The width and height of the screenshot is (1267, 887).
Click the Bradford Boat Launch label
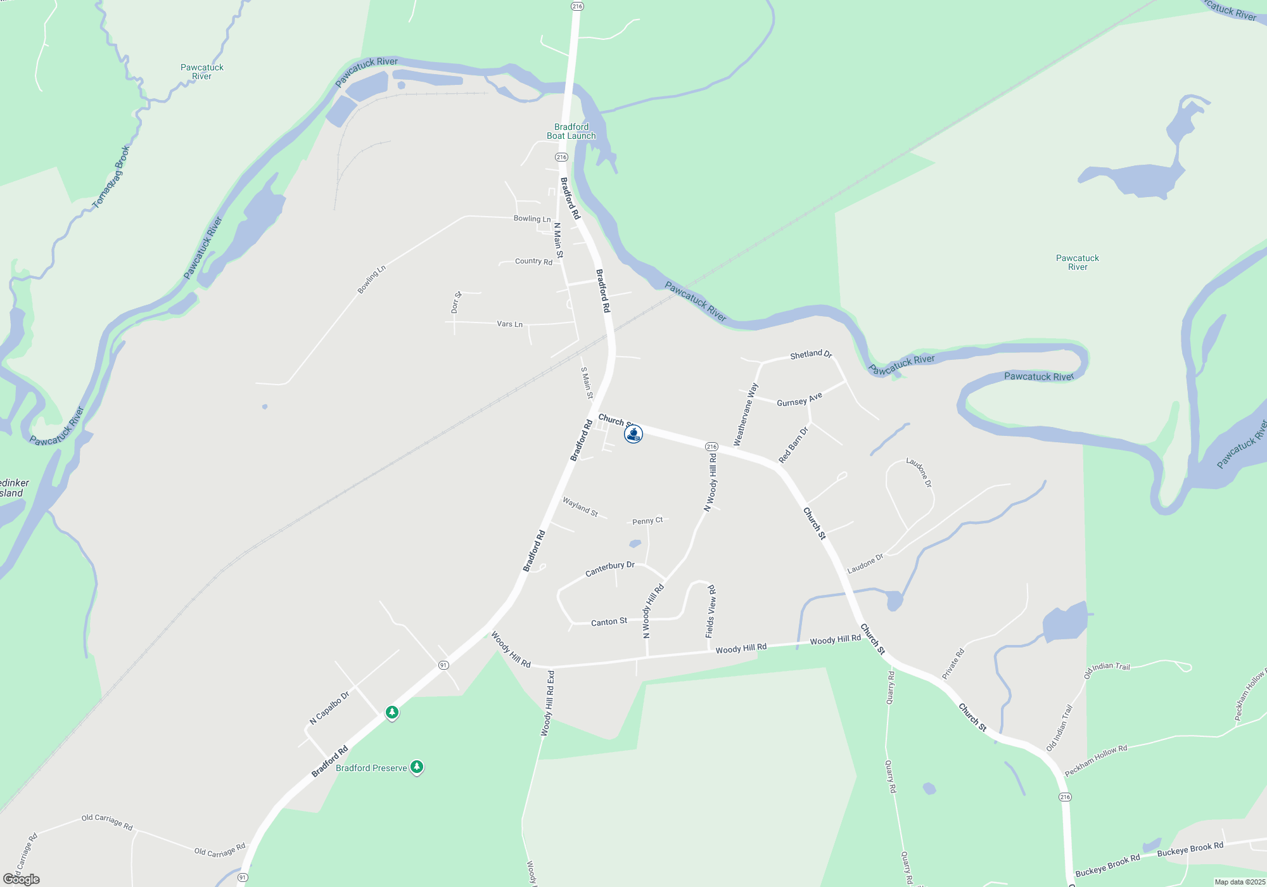click(x=571, y=131)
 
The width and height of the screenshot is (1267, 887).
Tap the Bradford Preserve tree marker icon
click(x=416, y=767)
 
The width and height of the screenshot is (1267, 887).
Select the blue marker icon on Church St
click(x=633, y=434)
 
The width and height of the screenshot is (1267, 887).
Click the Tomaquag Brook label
click(x=111, y=177)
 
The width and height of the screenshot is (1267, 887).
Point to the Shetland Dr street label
click(x=810, y=354)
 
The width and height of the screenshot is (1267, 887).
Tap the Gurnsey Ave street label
click(x=799, y=399)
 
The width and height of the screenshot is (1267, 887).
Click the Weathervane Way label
click(x=745, y=414)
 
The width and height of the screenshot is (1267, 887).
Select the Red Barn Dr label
click(x=793, y=445)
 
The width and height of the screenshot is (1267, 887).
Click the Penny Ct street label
click(x=647, y=521)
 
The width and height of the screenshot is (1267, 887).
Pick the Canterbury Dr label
click(x=609, y=568)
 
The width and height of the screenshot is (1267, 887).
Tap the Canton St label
click(x=609, y=622)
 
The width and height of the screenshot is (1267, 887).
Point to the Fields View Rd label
click(x=710, y=611)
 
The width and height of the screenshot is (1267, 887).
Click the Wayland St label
click(x=580, y=506)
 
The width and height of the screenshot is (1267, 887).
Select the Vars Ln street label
click(x=509, y=324)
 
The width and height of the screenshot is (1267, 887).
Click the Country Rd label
click(x=533, y=261)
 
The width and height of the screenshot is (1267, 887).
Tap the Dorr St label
click(x=456, y=302)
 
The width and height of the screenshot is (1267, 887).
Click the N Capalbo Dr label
click(x=329, y=708)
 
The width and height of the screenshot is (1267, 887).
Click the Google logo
click(x=22, y=879)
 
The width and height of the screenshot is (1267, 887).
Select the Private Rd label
click(x=953, y=663)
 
